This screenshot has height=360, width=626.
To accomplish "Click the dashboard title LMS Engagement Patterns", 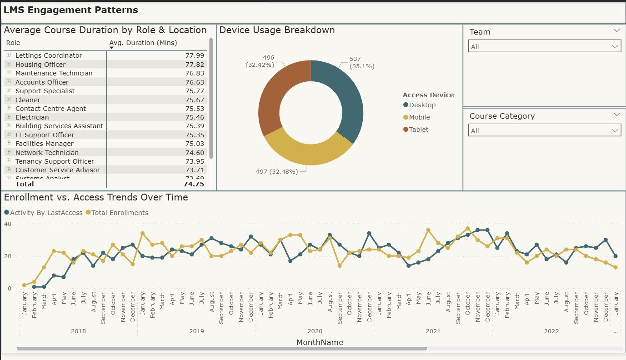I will (x=71, y=10).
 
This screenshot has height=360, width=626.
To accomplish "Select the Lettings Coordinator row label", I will (x=49, y=55).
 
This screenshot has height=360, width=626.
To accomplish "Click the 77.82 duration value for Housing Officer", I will (x=195, y=65).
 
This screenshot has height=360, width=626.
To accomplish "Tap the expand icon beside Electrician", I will (x=8, y=117).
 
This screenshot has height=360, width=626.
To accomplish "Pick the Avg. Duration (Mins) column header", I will (x=143, y=43).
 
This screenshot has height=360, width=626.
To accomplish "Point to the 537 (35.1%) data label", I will (x=361, y=63).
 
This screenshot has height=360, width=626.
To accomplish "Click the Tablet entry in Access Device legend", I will (x=418, y=130).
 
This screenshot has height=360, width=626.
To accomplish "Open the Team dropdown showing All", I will (x=544, y=46).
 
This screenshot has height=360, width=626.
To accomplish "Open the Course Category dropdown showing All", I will (x=544, y=131).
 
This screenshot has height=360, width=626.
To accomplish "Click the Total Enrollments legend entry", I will (x=120, y=213).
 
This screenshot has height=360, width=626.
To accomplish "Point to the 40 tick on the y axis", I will (x=7, y=224).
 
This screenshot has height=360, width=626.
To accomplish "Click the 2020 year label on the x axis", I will (x=315, y=331).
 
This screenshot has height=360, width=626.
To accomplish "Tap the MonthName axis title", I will (x=320, y=342).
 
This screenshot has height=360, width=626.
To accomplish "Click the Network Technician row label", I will (x=47, y=153).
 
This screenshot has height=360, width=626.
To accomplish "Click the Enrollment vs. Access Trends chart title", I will (x=96, y=197).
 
